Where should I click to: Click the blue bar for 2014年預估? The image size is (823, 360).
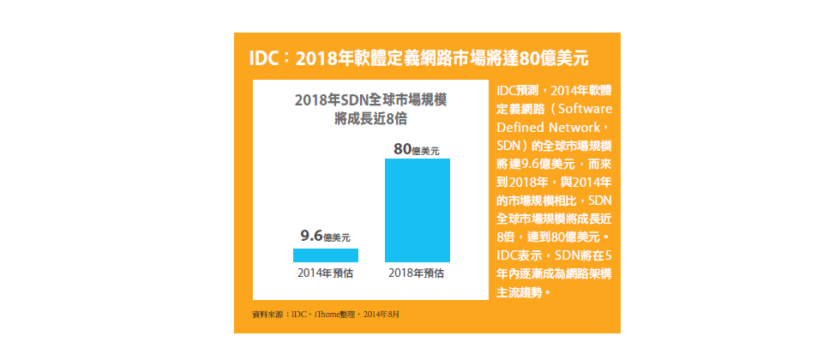click(x=326, y=255)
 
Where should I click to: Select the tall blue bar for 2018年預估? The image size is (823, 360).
click(x=418, y=210)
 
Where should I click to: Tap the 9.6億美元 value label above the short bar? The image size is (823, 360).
click(x=325, y=236)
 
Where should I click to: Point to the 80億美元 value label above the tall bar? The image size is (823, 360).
click(x=417, y=149)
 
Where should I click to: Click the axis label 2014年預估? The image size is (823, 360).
click(x=326, y=273)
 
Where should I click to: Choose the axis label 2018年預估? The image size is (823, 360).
click(x=417, y=273)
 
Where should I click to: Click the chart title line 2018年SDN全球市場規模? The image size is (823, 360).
click(x=370, y=100)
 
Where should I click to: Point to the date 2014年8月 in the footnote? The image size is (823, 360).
click(x=381, y=315)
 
